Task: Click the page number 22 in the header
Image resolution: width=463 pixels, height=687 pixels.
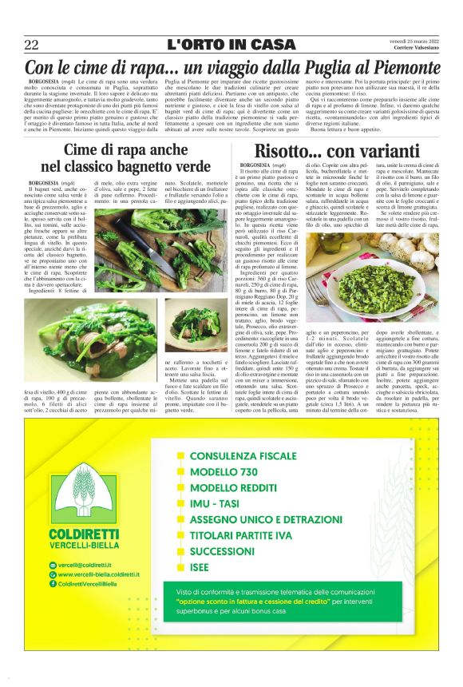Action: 31,45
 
